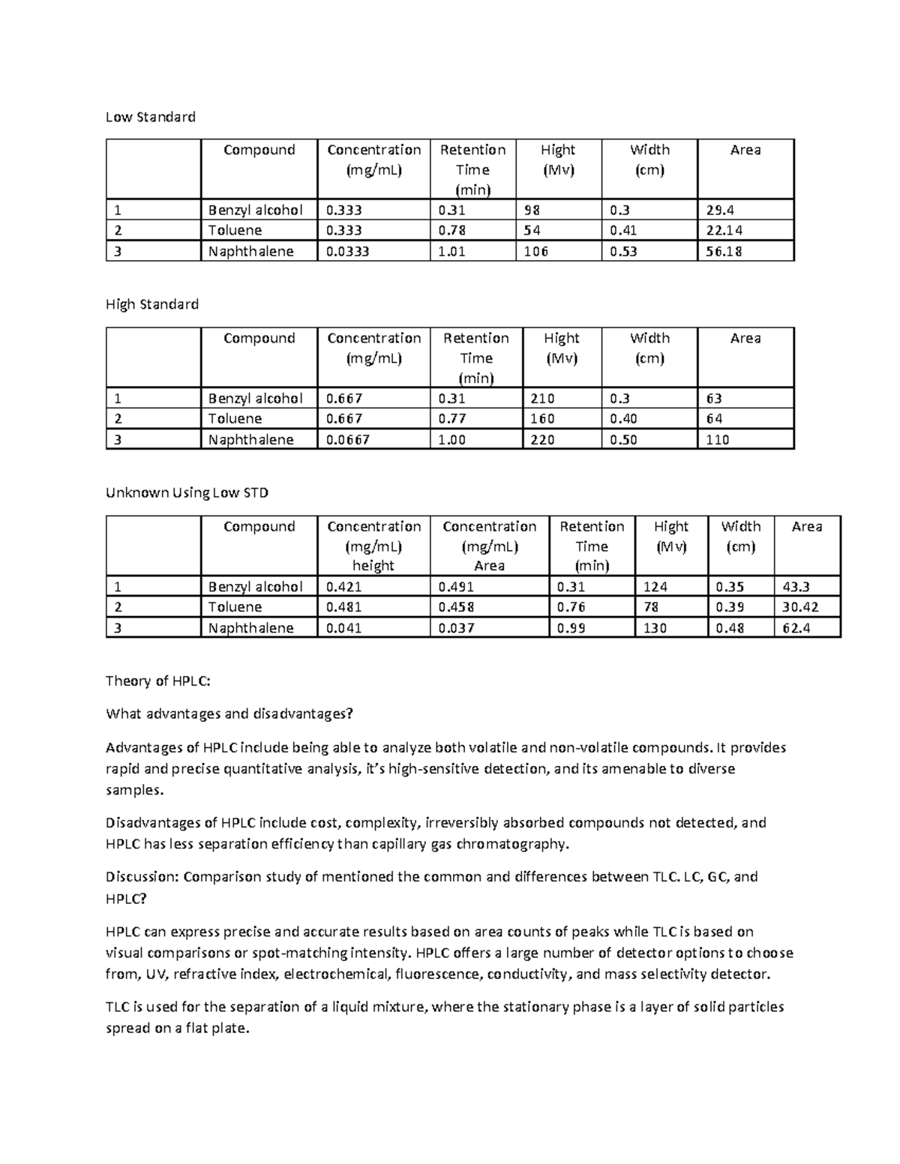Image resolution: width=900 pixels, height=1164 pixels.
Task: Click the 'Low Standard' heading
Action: (x=150, y=117)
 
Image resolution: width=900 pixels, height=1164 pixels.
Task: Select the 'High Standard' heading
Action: (x=152, y=304)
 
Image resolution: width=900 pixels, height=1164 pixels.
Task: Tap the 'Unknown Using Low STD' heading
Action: (x=187, y=492)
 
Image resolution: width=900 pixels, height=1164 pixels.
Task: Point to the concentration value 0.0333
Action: (x=348, y=252)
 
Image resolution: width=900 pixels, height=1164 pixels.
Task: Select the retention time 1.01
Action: (x=451, y=252)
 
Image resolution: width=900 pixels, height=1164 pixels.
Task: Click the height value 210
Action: (x=542, y=399)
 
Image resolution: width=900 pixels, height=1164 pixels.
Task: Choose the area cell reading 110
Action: (x=718, y=440)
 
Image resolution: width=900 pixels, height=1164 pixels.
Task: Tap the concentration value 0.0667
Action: (x=348, y=440)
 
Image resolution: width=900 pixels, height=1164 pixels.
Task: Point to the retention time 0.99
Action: (x=571, y=628)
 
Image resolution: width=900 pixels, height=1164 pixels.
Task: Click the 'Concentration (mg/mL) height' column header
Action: (x=373, y=546)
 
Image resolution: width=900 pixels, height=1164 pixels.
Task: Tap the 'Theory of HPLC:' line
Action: (x=158, y=681)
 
